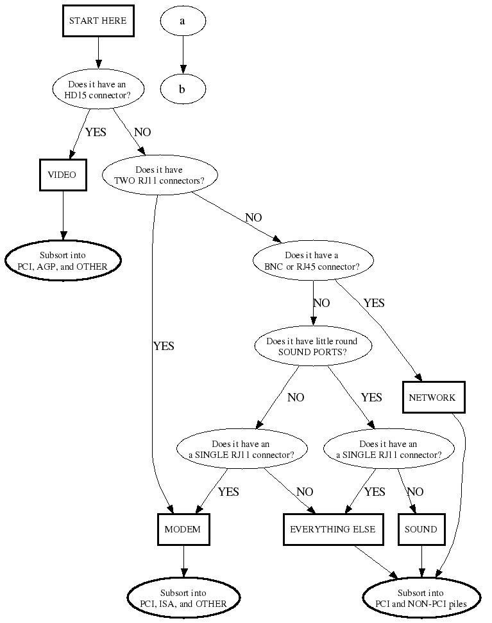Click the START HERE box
coord(98,21)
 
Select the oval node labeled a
coord(183,21)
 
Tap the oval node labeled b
coord(183,89)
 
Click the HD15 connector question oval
coord(98,89)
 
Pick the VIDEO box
coord(62,175)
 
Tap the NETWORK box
coord(432,398)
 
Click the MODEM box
coord(183,530)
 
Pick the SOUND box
coord(421,530)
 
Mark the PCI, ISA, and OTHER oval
coord(183,598)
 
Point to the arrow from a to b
coord(183,55)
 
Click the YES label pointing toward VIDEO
coord(96,132)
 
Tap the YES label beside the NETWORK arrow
coord(374,303)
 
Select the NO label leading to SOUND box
coord(415,492)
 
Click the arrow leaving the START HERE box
coord(98,52)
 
